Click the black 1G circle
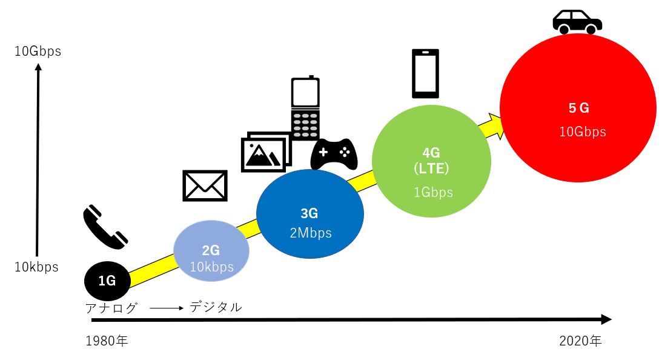[x=107, y=280]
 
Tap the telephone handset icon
[x=105, y=227]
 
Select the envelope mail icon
[x=205, y=185]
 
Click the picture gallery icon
[x=266, y=152]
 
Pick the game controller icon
[x=334, y=155]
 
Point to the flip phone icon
[x=305, y=108]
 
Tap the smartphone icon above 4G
[x=425, y=73]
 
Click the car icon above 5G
[x=577, y=22]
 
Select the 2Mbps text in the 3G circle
[x=311, y=233]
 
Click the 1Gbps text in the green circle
[x=433, y=193]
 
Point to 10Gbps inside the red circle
[x=582, y=132]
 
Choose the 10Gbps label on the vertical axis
[x=38, y=52]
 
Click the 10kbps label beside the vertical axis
[x=36, y=267]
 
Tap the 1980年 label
[x=107, y=341]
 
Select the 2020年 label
[x=580, y=341]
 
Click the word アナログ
[x=112, y=308]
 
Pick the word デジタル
[x=216, y=307]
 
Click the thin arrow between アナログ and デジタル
[x=166, y=308]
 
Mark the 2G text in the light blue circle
[x=211, y=250]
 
